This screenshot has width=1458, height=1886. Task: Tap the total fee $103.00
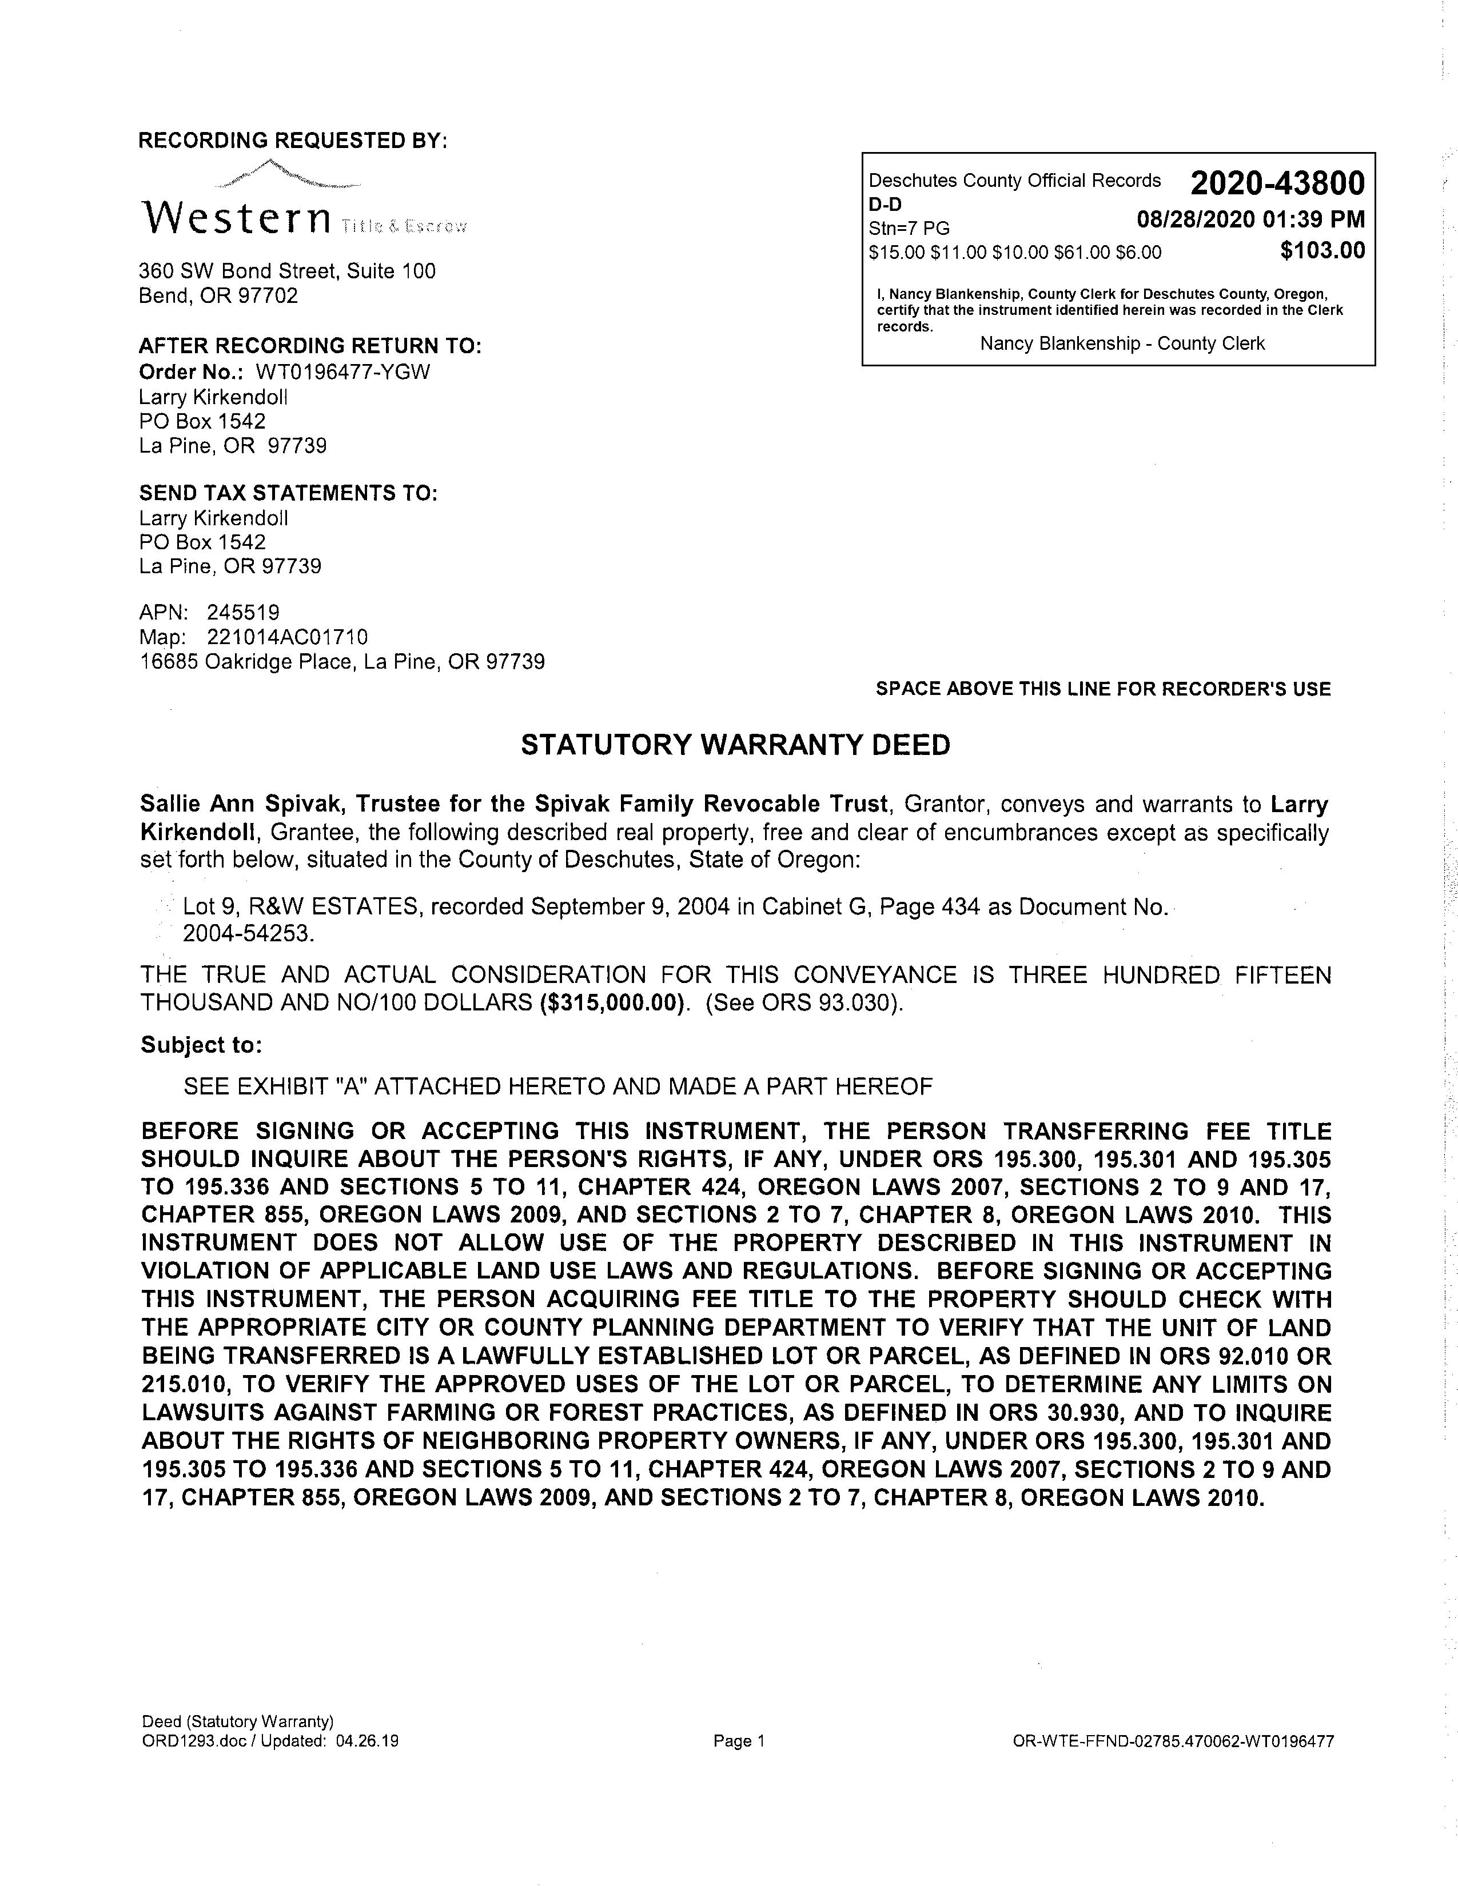pos(1322,250)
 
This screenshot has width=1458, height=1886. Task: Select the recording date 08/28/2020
pos(1196,219)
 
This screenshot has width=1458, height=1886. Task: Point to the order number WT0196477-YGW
pos(343,372)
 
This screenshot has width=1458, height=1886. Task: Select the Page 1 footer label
pos(739,1742)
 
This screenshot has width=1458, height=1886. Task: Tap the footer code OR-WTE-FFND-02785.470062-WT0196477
pos(1173,1742)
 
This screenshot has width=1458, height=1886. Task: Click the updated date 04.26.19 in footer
pos(368,1742)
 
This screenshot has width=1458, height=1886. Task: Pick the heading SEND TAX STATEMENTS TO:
pos(289,493)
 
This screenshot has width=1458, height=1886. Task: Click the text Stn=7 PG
pos(909,228)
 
